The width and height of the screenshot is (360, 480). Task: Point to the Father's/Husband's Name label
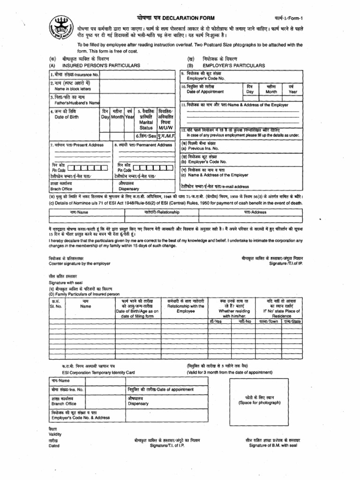[x=76, y=102]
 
